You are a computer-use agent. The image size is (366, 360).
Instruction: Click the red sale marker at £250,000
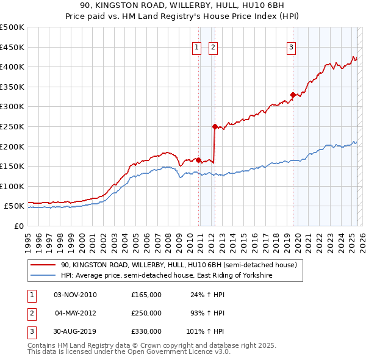[x=215, y=126]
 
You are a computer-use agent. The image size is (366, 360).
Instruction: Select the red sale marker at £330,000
[x=293, y=95]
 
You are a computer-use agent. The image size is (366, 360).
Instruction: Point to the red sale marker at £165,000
[x=199, y=160]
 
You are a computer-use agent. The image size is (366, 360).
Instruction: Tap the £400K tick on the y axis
[x=13, y=67]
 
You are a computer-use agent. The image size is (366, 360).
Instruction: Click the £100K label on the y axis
[x=13, y=186]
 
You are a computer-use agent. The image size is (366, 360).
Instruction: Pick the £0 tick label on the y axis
[x=20, y=226]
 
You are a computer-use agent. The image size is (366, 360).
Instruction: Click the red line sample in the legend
[x=43, y=265]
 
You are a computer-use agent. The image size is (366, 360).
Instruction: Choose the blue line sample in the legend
[x=43, y=276]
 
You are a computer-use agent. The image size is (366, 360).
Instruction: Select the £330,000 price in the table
[x=146, y=331]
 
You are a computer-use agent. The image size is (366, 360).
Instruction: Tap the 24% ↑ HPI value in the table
[x=207, y=295]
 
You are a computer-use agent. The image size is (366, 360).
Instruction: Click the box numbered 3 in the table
[x=31, y=331]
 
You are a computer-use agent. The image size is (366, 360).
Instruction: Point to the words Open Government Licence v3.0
[x=181, y=352]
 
